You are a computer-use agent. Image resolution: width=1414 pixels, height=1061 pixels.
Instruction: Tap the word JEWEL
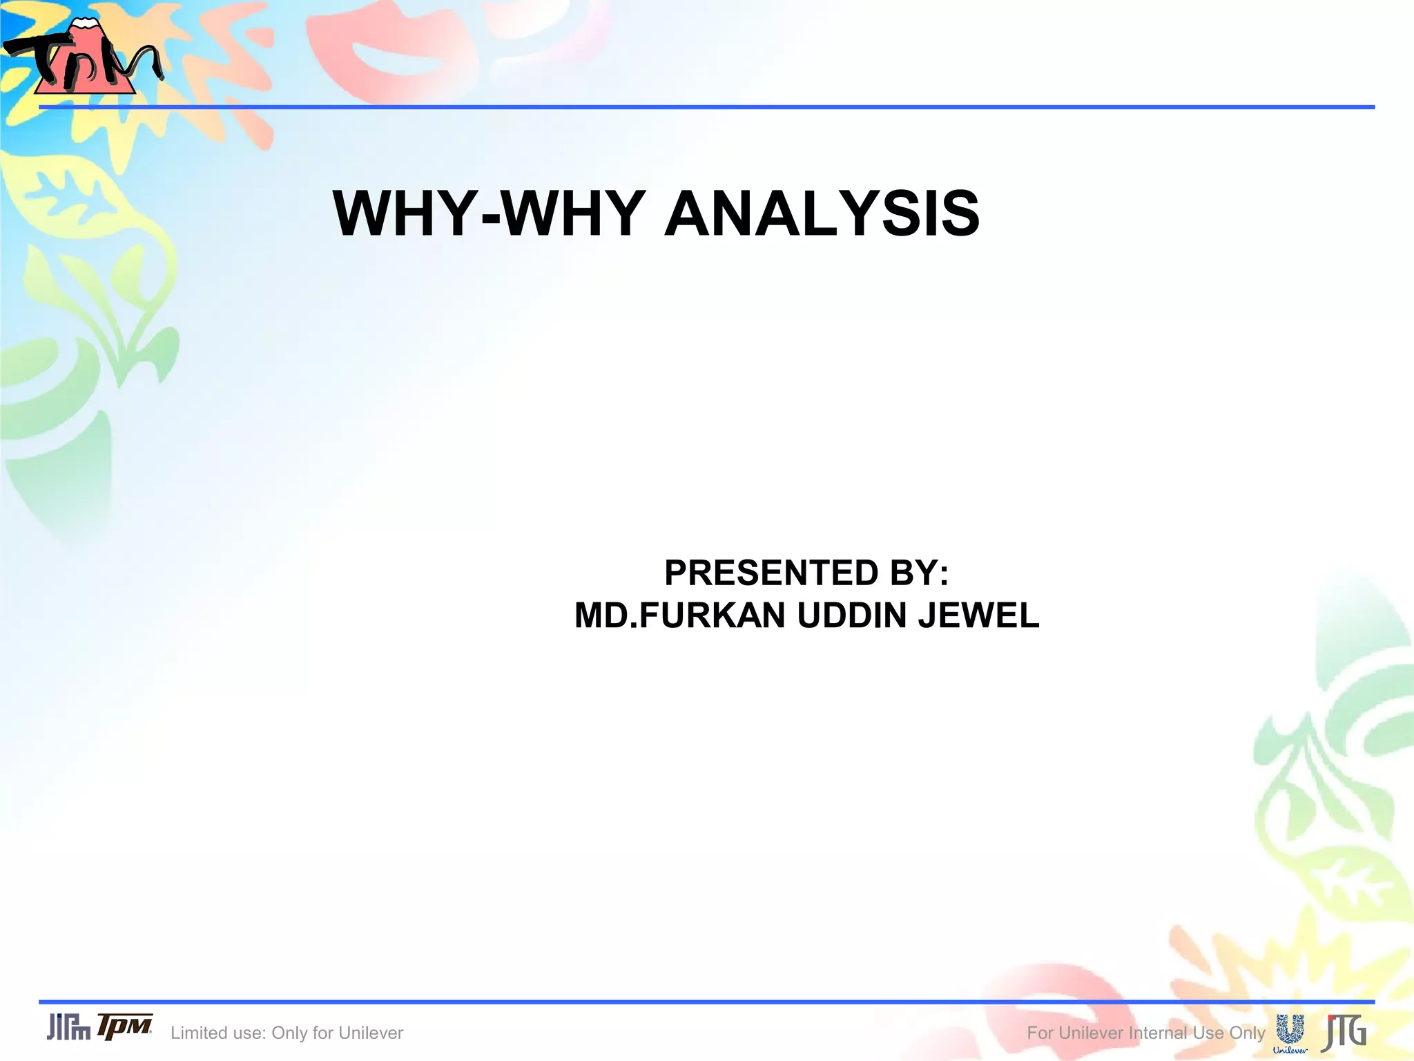coord(978,615)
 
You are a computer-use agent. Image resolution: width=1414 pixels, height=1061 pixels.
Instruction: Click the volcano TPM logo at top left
coord(83,59)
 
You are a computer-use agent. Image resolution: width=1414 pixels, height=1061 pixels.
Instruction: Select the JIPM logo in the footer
coord(68,1027)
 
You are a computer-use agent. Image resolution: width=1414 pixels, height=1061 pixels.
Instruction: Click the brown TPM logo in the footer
coord(124,1026)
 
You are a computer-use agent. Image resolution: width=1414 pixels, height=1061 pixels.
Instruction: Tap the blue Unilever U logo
coord(1290,1029)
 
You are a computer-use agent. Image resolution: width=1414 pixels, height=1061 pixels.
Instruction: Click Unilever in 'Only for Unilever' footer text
coord(371,1033)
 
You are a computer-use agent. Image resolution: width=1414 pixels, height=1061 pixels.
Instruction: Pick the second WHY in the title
coord(573,213)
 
